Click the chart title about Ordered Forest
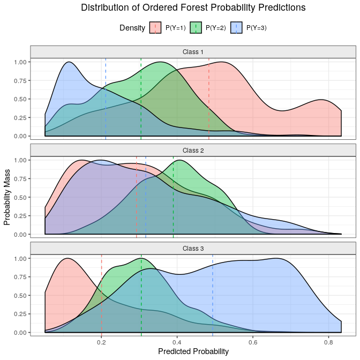point(193,8)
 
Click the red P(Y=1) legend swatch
point(155,28)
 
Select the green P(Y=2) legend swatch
point(196,28)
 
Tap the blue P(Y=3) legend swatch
point(237,28)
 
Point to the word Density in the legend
point(132,28)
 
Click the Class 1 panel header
point(193,52)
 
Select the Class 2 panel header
point(193,150)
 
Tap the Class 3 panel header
point(193,249)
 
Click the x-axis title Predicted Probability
point(193,351)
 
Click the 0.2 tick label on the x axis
point(101,341)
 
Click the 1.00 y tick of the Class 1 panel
point(20,62)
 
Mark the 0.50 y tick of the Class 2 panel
point(20,197)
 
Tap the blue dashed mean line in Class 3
point(213,300)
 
